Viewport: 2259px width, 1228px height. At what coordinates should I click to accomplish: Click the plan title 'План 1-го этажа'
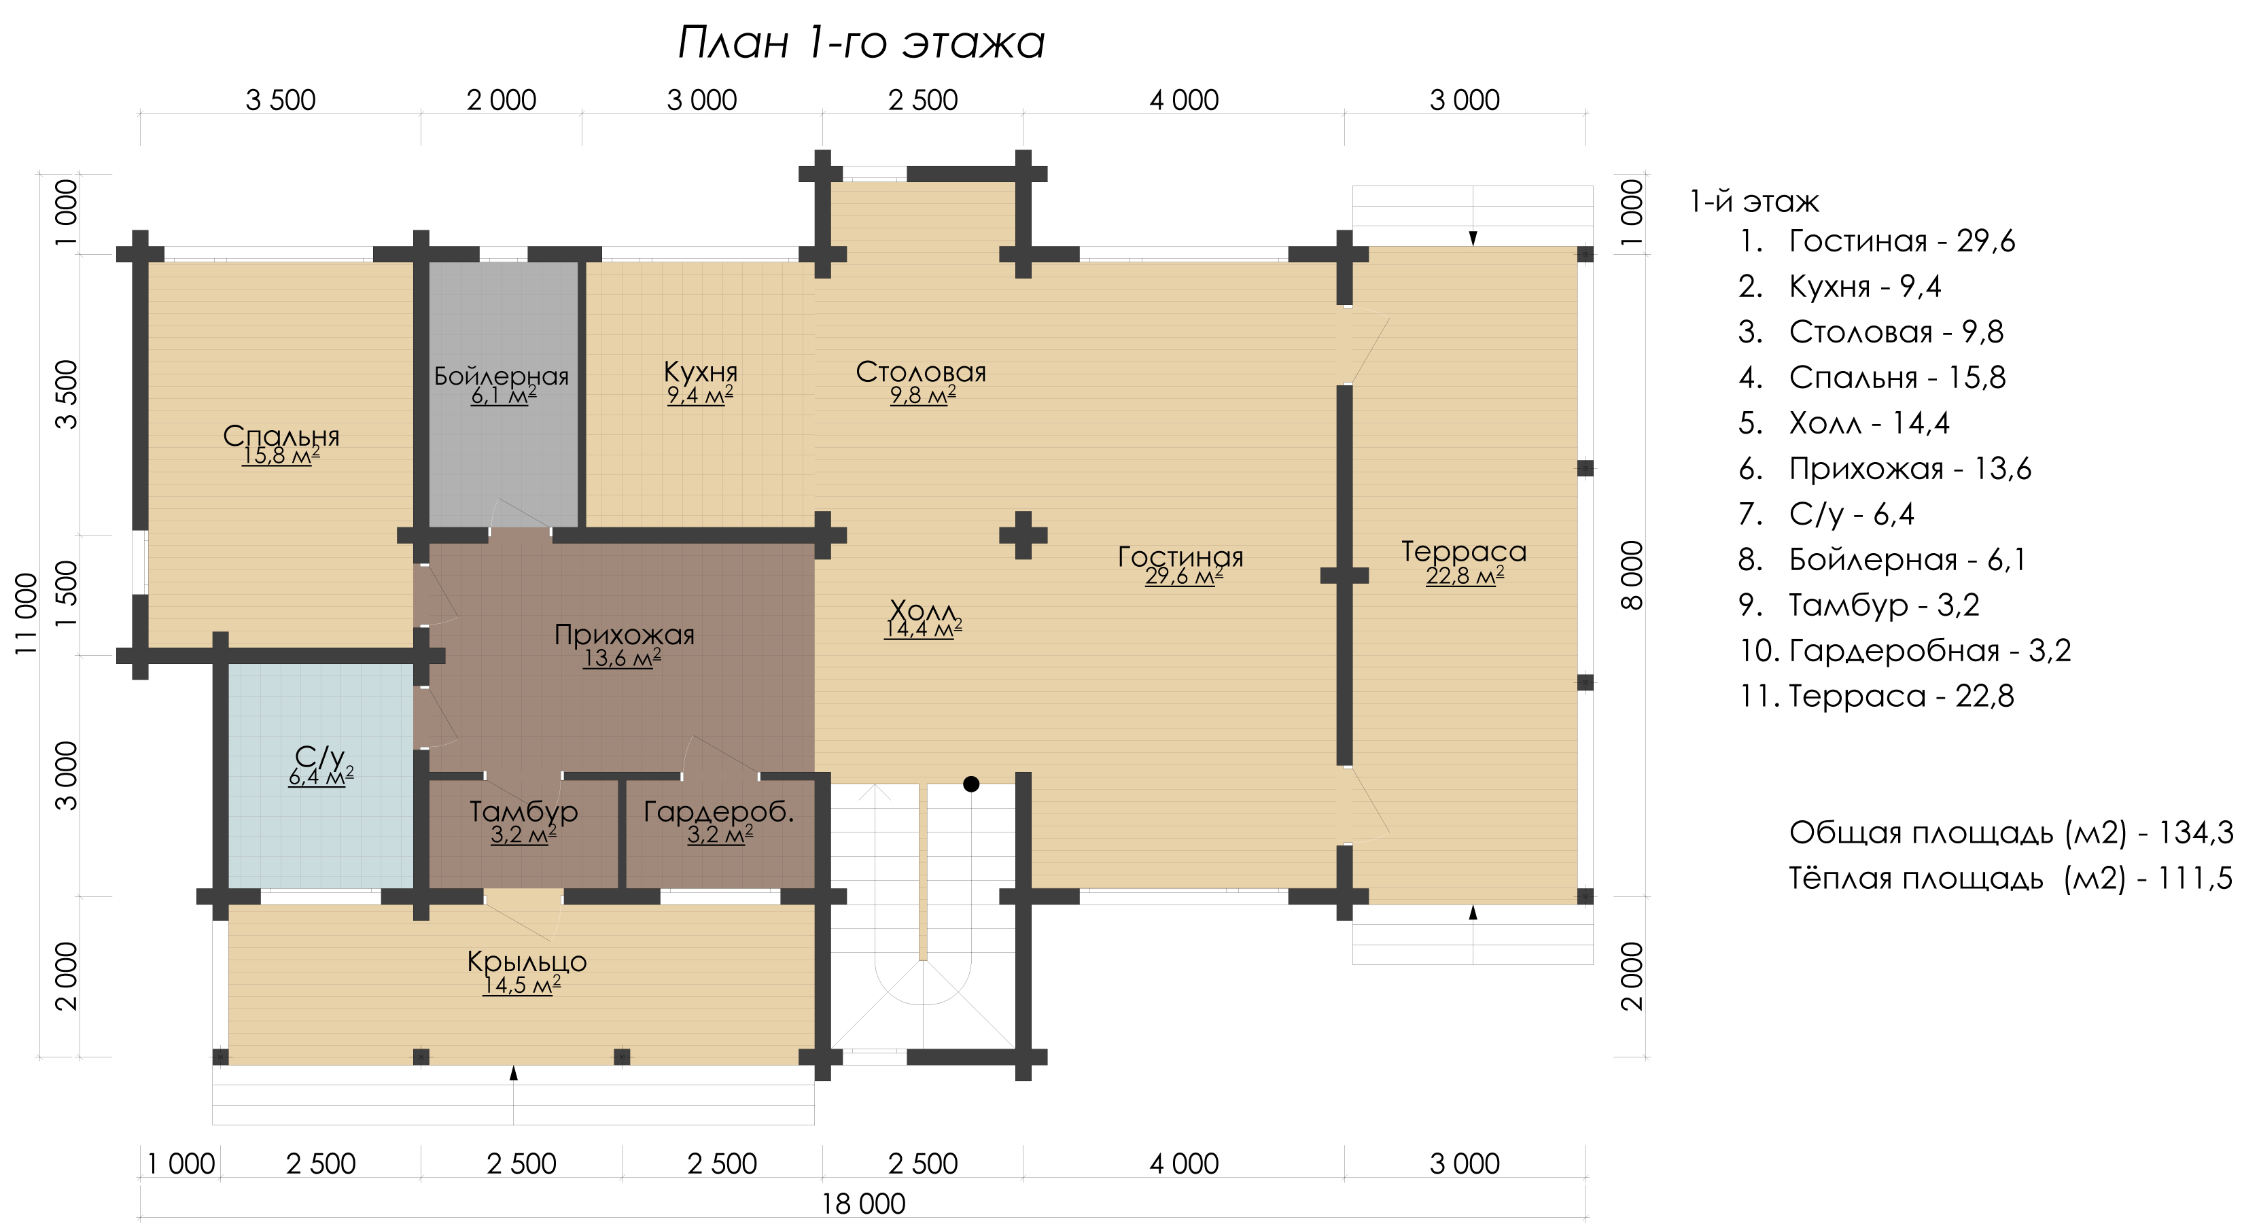[x=861, y=42]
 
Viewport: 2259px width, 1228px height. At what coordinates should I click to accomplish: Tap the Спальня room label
[x=281, y=435]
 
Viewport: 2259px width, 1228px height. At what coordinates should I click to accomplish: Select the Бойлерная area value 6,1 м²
[x=504, y=396]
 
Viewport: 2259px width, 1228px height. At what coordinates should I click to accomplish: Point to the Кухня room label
[x=700, y=371]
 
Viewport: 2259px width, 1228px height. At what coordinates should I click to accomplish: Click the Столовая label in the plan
[x=921, y=372]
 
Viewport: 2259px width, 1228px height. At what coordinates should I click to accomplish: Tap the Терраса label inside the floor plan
[x=1464, y=551]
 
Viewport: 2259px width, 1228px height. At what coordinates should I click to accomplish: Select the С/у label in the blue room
[x=320, y=756]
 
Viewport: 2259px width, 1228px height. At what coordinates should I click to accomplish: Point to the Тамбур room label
[x=523, y=811]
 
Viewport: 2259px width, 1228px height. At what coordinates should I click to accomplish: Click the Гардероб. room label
[x=719, y=811]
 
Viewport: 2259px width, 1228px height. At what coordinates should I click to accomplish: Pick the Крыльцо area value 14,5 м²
[x=522, y=985]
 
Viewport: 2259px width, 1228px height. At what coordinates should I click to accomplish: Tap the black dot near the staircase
[x=970, y=784]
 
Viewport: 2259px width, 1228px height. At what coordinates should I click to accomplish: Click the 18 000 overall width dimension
[x=863, y=1204]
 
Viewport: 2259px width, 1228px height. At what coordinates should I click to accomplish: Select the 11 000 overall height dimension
[x=27, y=614]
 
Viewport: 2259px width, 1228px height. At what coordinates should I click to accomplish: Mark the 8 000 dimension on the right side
[x=1631, y=576]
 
